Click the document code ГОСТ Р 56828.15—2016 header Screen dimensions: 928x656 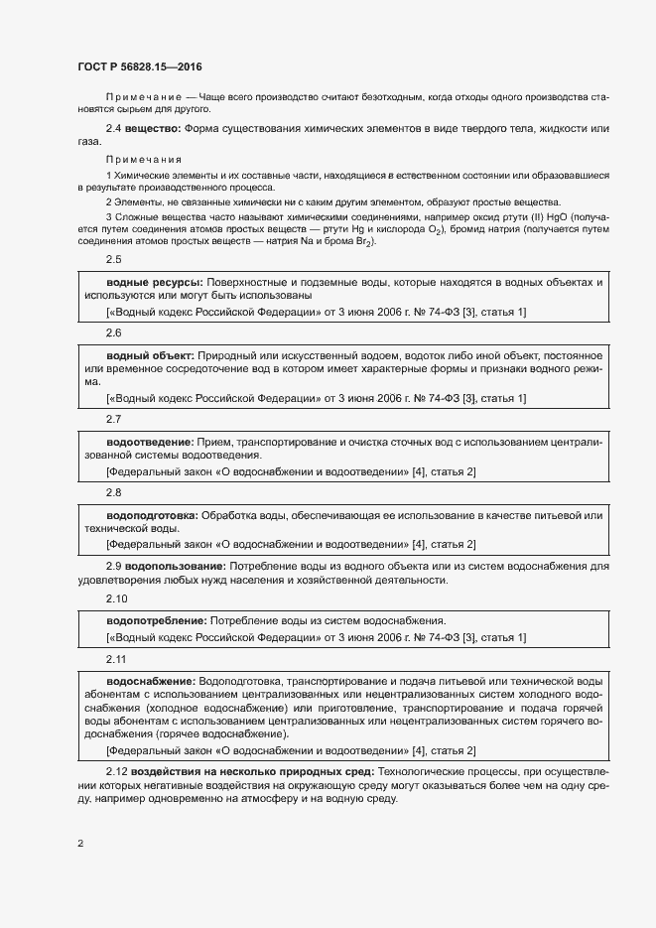(x=140, y=66)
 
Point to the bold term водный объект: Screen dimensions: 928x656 (x=151, y=354)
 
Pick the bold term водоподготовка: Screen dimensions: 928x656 (x=153, y=515)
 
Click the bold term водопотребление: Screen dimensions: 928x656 (x=156, y=620)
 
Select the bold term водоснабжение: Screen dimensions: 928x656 (x=151, y=682)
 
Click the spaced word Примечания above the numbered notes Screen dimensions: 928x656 (x=143, y=159)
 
